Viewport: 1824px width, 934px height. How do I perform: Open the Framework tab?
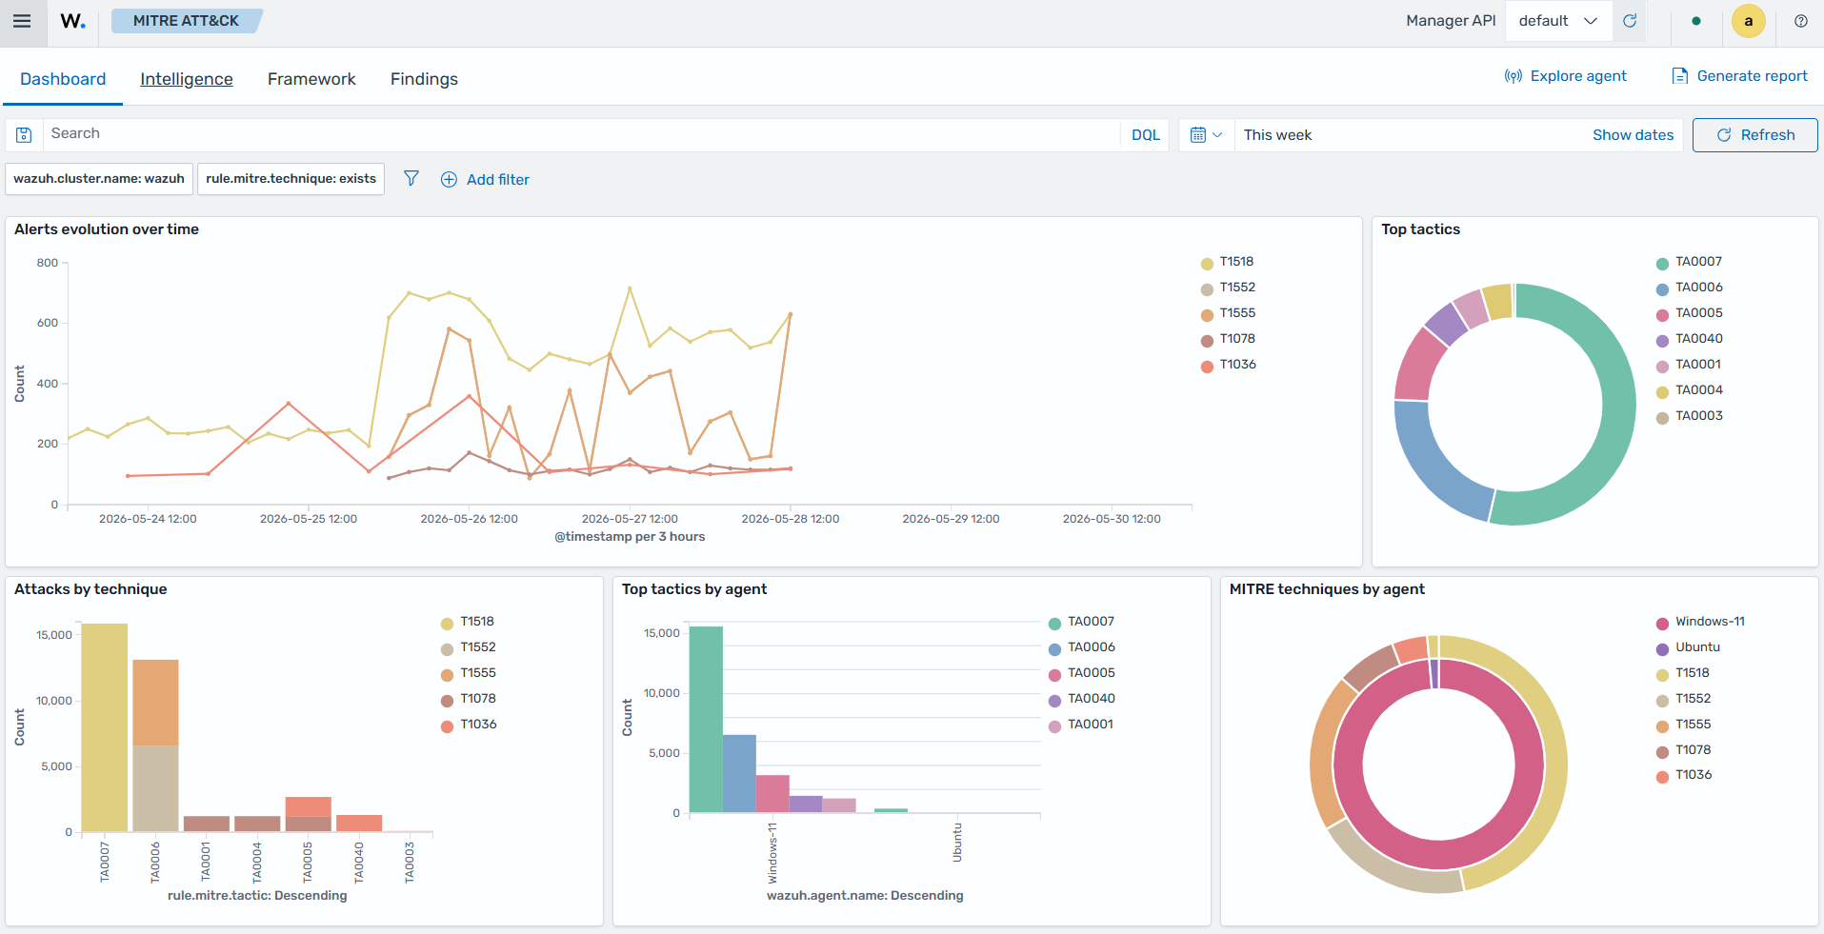[x=311, y=79]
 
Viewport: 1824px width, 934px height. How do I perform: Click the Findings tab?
[x=424, y=79]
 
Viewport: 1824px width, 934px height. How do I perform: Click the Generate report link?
[x=1739, y=76]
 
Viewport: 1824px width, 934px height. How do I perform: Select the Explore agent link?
[x=1565, y=76]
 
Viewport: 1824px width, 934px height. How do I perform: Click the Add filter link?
[x=485, y=179]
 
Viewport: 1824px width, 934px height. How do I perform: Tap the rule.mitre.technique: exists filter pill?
[x=291, y=179]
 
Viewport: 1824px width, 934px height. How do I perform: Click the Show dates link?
[x=1633, y=135]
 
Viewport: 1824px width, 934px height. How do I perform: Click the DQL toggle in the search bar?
[x=1145, y=135]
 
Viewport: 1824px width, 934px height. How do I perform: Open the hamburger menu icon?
[x=22, y=21]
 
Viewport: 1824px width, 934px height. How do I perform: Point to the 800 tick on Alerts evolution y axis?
[x=48, y=263]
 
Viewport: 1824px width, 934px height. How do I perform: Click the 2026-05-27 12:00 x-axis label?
[x=630, y=519]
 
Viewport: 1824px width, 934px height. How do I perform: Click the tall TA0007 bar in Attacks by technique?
[x=105, y=727]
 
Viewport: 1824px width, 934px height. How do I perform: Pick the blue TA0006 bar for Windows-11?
[x=739, y=773]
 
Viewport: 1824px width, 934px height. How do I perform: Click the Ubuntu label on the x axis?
[x=957, y=843]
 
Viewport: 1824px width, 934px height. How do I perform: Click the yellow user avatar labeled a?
[x=1748, y=21]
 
